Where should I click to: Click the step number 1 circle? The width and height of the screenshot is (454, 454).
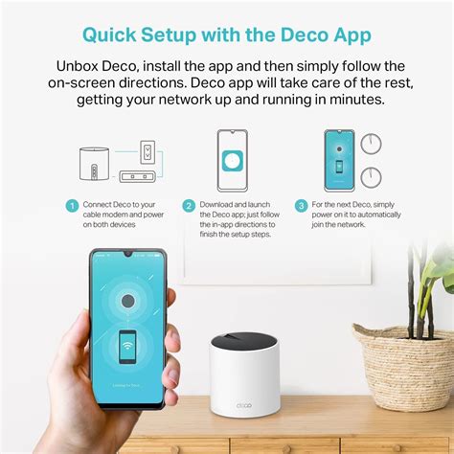pos(72,206)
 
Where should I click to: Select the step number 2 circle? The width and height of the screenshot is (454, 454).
pos(190,206)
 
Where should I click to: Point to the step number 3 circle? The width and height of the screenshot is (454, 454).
pos(302,206)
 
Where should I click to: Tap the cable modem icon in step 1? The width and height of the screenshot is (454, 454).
pos(135,176)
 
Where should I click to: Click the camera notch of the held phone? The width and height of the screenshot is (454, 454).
pos(128,256)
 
